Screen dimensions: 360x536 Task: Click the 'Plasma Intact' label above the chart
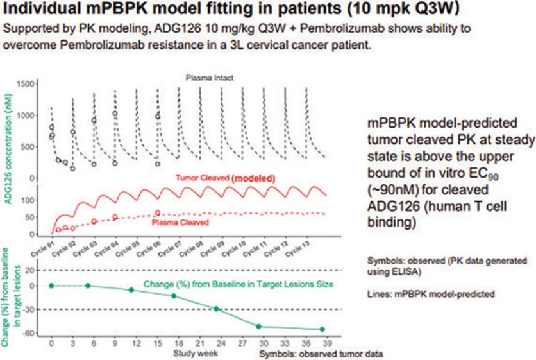(x=210, y=77)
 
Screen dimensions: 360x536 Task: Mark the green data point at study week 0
(x=51, y=286)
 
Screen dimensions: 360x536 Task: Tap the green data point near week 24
(x=216, y=309)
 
